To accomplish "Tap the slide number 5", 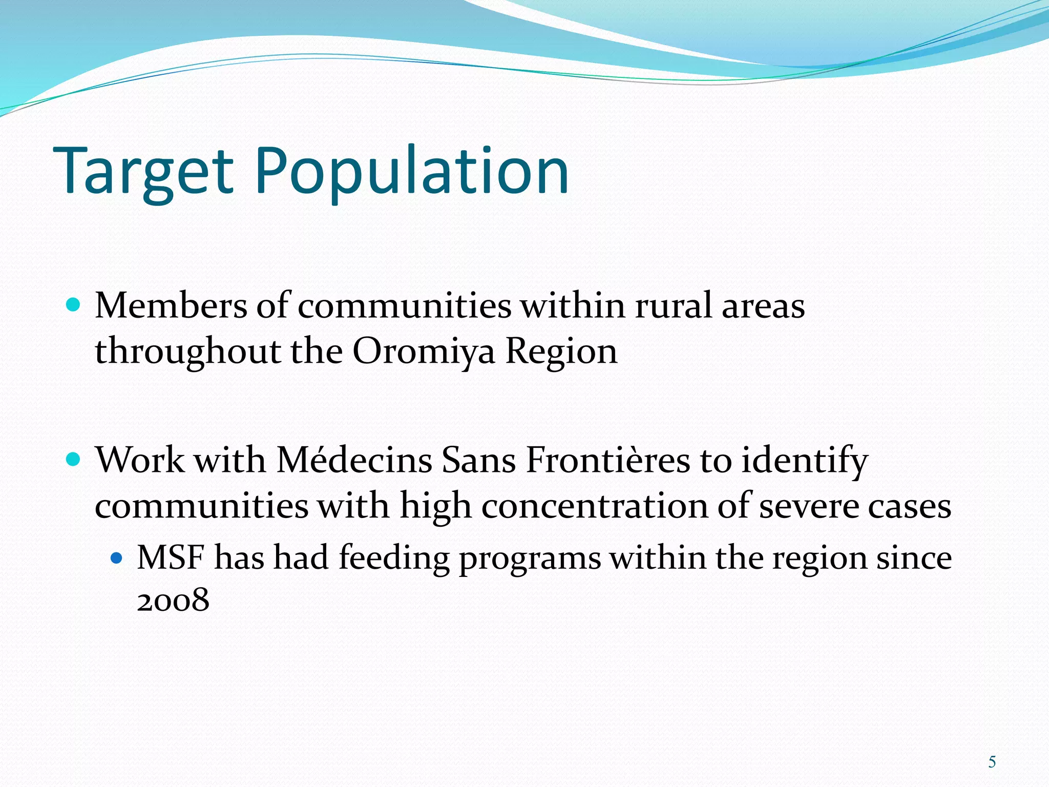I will click(992, 762).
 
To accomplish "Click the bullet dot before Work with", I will click(74, 459).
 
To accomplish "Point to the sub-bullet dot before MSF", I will click(117, 557).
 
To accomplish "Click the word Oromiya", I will click(424, 352).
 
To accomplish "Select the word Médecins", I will click(354, 460).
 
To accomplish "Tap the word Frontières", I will click(608, 460).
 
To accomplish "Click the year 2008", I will click(173, 600).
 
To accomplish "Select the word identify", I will click(804, 461).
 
